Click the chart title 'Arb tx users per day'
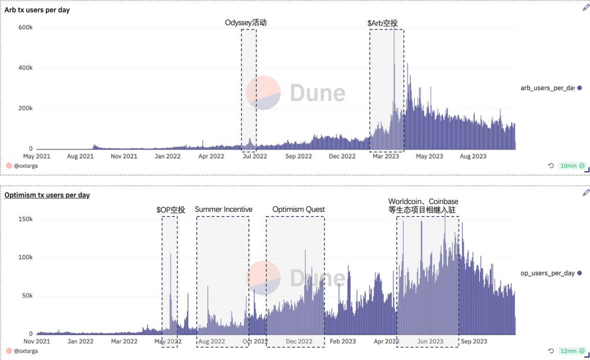tap(37, 10)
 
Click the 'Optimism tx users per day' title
tap(47, 195)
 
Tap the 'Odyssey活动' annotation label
tap(246, 23)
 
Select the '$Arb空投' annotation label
tap(382, 24)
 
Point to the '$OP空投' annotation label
tap(171, 209)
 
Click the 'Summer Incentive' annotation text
tap(223, 209)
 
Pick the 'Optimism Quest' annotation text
tap(299, 209)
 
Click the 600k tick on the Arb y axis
tap(26, 28)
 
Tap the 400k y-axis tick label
tap(26, 68)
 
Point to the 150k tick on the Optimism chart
tap(26, 219)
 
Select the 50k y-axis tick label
tap(27, 295)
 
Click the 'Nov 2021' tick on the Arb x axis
tap(124, 156)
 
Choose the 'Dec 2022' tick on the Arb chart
tap(342, 156)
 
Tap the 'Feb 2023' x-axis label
tap(343, 341)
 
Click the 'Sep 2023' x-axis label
tap(474, 341)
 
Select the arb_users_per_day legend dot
tap(579, 88)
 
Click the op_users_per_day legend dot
tap(579, 273)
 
